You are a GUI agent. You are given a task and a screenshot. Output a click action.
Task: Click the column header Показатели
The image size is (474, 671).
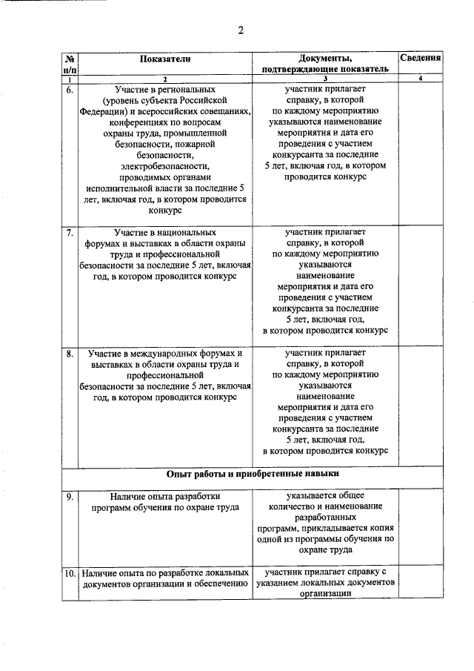click(x=166, y=59)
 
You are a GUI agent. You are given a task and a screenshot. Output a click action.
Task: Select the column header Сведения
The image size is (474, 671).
click(x=420, y=58)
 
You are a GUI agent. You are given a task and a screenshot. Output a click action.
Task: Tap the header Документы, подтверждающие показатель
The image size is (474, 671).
click(x=324, y=64)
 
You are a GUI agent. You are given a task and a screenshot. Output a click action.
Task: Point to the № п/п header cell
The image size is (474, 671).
click(x=69, y=64)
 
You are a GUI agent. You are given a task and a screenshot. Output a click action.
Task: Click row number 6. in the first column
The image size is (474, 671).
click(x=69, y=90)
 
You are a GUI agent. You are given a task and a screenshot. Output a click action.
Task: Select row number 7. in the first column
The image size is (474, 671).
click(x=69, y=233)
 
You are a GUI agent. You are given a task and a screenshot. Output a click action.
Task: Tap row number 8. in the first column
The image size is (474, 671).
click(x=69, y=354)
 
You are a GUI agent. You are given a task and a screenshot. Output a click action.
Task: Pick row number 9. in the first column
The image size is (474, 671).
click(x=69, y=497)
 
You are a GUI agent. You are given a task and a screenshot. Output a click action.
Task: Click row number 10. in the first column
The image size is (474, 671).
click(x=69, y=573)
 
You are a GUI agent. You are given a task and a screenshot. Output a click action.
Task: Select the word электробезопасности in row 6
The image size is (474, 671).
click(x=165, y=167)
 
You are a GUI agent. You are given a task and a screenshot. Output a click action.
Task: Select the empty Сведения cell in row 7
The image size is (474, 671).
click(x=420, y=285)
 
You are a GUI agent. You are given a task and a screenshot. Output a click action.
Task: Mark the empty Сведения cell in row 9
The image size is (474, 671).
click(x=420, y=525)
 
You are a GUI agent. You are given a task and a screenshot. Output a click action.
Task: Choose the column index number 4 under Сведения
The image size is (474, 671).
click(x=420, y=79)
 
